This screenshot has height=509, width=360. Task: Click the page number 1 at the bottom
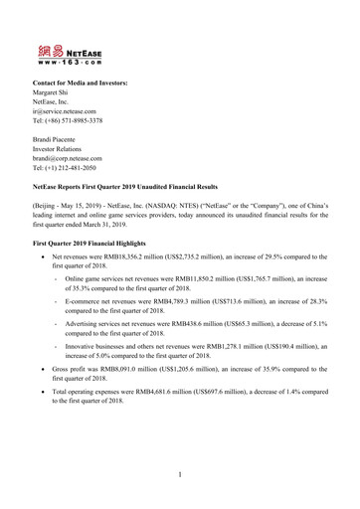point(180,474)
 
